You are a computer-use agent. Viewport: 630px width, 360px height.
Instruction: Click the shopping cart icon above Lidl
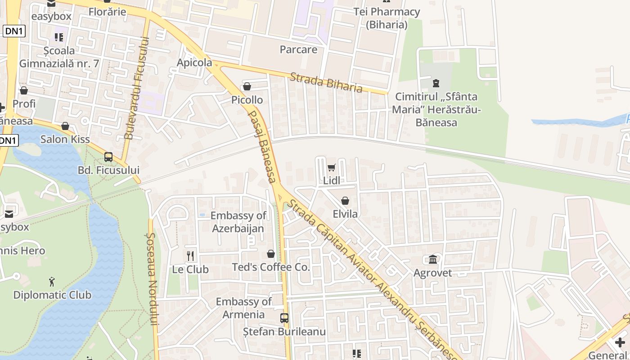click(x=332, y=167)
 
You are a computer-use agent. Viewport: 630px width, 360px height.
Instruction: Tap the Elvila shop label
click(x=345, y=214)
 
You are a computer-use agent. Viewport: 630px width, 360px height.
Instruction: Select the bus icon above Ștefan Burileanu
click(x=284, y=318)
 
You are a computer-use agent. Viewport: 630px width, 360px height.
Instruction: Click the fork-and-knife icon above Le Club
click(x=190, y=256)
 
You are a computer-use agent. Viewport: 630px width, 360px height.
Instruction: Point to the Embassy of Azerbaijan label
click(x=238, y=222)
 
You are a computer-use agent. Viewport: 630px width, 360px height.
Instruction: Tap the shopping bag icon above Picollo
click(x=247, y=86)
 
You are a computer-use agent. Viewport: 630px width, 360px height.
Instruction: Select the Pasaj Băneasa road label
click(x=262, y=146)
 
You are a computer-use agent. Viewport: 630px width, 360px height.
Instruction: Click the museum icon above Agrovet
click(x=433, y=259)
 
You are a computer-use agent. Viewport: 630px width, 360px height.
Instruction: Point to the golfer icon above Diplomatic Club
click(x=52, y=282)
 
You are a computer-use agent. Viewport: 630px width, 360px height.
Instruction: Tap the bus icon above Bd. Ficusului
click(x=108, y=157)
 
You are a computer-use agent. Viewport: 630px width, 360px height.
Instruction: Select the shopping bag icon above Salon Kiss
click(x=65, y=126)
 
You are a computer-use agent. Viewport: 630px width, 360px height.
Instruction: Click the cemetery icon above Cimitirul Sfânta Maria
click(x=436, y=83)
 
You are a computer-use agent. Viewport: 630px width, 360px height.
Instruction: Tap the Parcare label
click(x=298, y=49)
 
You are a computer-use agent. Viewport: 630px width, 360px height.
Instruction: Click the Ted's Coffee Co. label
click(x=271, y=267)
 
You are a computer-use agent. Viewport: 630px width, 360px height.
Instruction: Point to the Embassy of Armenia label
click(x=243, y=308)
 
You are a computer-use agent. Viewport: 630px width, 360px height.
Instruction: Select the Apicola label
click(x=194, y=63)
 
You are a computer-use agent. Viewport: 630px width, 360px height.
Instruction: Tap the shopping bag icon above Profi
click(x=24, y=90)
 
